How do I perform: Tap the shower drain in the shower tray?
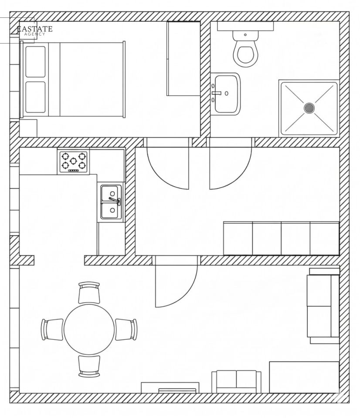(309, 108)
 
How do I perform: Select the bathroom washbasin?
(227, 94)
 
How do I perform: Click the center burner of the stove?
(73, 161)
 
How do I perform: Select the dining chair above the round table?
(89, 293)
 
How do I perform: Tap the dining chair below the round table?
(89, 366)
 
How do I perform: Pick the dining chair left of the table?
(52, 330)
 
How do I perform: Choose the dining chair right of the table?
(126, 330)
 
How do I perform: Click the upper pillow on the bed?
(35, 61)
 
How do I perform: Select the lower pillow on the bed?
(35, 97)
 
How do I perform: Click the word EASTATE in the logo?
(34, 29)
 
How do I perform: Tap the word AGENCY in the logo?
(35, 34)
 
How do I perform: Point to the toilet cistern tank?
(245, 35)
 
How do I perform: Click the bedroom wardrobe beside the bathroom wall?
(183, 58)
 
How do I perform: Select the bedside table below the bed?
(28, 128)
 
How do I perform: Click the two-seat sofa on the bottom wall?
(237, 382)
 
